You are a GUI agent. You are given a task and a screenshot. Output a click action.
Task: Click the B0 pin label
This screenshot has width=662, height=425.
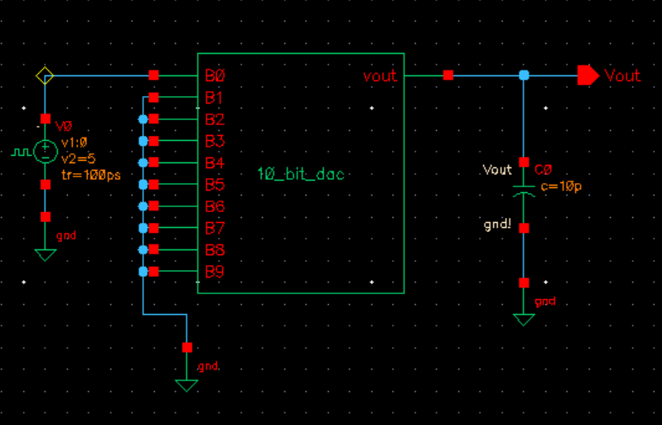[215, 76]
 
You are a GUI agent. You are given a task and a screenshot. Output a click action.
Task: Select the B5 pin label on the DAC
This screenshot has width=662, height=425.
[215, 184]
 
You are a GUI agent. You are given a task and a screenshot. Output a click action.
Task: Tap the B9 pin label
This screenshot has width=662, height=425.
[215, 272]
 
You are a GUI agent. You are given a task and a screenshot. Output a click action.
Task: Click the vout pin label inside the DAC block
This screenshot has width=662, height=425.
[379, 76]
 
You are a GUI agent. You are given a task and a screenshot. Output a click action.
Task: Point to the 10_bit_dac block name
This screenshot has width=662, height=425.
[301, 174]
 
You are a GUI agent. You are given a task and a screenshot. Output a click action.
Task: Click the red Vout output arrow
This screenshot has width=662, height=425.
[587, 75]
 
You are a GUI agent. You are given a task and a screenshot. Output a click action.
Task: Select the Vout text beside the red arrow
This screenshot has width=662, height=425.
[622, 75]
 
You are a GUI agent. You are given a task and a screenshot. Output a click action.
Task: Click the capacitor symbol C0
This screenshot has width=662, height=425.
[523, 191]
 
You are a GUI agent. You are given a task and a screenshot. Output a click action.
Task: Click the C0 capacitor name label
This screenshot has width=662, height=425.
[543, 169]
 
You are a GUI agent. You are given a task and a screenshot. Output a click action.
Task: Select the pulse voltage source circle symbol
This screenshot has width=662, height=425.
[46, 152]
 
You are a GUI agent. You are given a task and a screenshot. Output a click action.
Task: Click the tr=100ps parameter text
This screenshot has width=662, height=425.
[85, 176]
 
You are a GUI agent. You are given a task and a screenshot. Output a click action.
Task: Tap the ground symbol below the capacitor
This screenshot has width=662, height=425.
[523, 319]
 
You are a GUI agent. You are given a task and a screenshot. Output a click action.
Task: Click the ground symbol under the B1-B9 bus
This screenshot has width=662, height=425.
[186, 384]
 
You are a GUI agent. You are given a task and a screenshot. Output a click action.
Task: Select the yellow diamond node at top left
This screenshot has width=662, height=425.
[45, 76]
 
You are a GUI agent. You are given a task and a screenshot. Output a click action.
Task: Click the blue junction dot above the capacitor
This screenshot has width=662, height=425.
[523, 75]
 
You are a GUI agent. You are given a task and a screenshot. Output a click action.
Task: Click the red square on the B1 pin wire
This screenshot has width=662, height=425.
[154, 98]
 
